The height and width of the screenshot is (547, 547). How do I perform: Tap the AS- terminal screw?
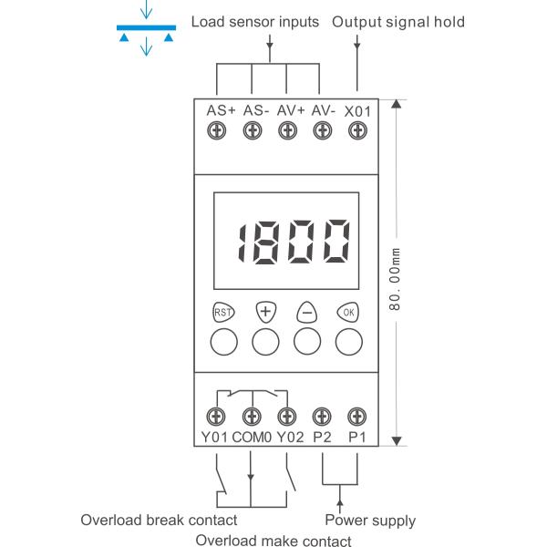pos(252,132)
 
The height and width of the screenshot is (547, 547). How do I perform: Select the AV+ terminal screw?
pos(287,132)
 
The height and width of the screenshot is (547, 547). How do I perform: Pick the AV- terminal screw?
pos(322,132)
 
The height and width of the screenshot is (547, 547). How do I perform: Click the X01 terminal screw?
pos(356,132)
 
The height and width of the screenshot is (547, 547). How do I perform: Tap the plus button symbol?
pos(265,311)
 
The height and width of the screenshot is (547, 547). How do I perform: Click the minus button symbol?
pos(307,311)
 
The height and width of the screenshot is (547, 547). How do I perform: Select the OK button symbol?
pos(348,311)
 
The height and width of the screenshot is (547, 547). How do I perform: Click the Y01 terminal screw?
pos(217,417)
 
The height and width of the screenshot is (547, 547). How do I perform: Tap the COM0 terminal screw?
pos(252,417)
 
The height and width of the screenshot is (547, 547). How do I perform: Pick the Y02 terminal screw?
pos(287,417)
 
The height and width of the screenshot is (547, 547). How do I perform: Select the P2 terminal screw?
pos(322,417)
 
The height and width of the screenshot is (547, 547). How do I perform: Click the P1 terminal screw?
pos(356,417)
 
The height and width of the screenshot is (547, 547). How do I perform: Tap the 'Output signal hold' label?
pos(397,22)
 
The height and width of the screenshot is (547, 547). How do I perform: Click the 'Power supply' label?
pos(370,521)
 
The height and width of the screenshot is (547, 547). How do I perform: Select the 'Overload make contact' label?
pos(273,541)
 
